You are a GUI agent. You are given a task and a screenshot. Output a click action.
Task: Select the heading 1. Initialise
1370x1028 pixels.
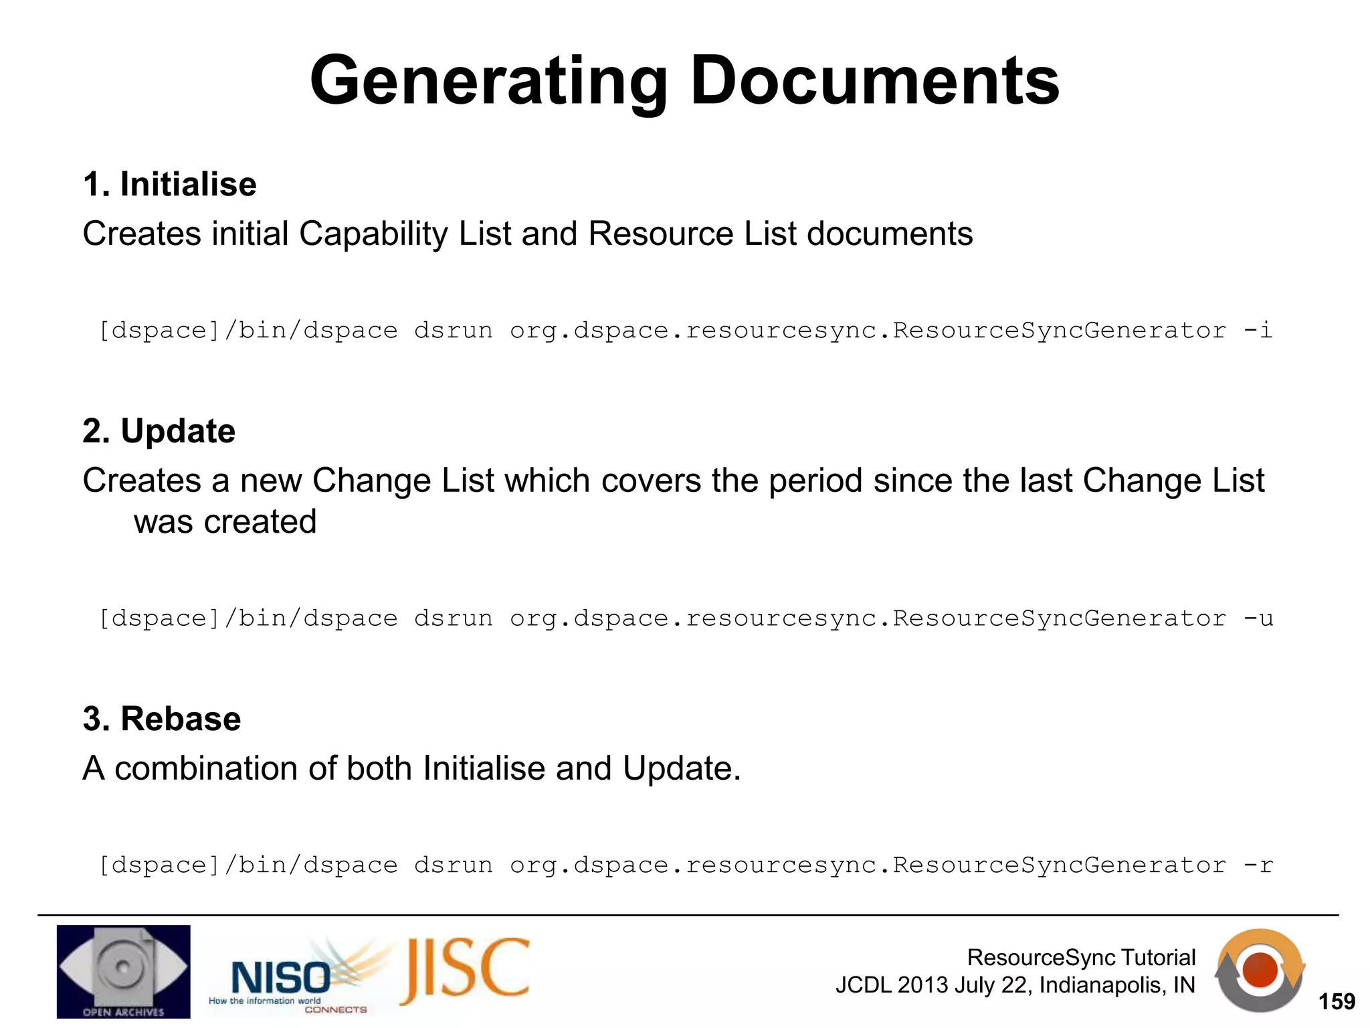(170, 184)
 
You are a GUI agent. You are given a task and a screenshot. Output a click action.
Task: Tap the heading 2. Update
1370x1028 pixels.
(159, 430)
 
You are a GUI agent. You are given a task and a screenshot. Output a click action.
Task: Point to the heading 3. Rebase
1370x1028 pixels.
(162, 718)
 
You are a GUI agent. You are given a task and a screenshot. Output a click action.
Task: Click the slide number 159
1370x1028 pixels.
(1336, 1001)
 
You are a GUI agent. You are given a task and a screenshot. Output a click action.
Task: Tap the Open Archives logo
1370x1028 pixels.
(124, 972)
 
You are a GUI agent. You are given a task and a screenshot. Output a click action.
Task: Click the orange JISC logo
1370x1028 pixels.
(465, 971)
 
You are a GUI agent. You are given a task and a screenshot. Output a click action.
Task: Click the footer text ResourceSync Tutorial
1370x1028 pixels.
(1081, 957)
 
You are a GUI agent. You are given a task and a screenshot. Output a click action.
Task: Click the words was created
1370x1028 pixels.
(225, 522)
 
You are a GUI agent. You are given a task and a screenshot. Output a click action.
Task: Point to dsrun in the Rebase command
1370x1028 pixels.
(453, 865)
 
